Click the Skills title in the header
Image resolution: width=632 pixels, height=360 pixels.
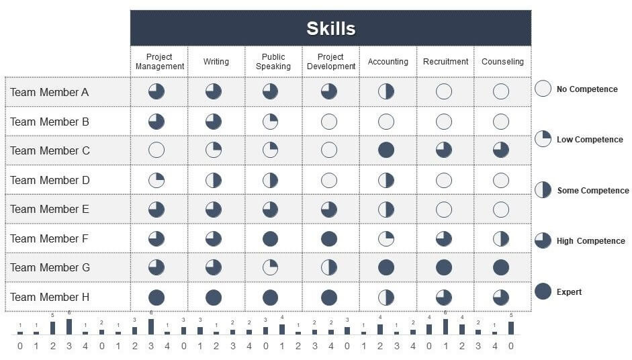click(x=330, y=29)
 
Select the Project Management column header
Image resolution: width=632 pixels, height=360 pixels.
click(x=159, y=62)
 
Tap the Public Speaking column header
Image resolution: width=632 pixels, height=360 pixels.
click(x=273, y=62)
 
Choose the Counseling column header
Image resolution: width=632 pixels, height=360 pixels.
click(x=502, y=62)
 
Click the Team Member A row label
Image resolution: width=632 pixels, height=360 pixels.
click(x=50, y=92)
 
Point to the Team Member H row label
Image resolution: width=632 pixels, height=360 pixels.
click(x=50, y=297)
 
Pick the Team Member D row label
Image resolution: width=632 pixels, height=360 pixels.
click(x=50, y=180)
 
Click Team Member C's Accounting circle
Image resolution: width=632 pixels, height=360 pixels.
click(x=386, y=150)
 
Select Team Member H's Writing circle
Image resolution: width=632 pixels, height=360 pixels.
click(x=214, y=297)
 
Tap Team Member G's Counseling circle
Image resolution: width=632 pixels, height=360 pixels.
click(x=501, y=267)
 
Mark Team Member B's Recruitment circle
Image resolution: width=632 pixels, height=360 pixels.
click(x=444, y=122)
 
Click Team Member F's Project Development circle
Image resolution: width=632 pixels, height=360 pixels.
click(x=329, y=238)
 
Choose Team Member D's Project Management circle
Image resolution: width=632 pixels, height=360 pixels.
click(x=156, y=180)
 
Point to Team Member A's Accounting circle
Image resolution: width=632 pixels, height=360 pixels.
click(x=386, y=91)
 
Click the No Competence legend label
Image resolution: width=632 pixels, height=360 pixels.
click(x=587, y=89)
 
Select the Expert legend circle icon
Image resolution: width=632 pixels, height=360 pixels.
click(x=543, y=291)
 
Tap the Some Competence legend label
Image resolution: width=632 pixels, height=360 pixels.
click(x=592, y=191)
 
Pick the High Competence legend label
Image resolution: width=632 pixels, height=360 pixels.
click(x=590, y=241)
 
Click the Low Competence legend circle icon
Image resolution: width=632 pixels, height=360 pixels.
click(x=543, y=139)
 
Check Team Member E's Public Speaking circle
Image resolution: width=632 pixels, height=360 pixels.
click(x=271, y=210)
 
